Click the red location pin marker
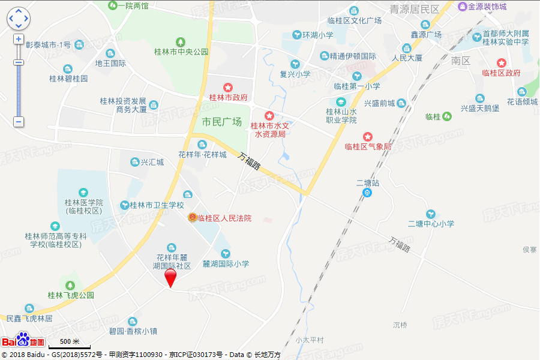point(170,278)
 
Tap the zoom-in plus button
point(19,39)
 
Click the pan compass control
point(18,19)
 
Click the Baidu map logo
point(23,340)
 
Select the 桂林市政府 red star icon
point(228,88)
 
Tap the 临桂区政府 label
point(501,73)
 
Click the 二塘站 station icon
point(368,193)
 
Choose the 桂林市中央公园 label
point(181,52)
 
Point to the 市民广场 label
point(221,122)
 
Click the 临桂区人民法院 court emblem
point(193,218)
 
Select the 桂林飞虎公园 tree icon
point(71,284)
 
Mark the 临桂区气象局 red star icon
point(368,137)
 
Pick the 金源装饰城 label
point(487,7)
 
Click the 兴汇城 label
point(151,162)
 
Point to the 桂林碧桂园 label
point(68,79)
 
